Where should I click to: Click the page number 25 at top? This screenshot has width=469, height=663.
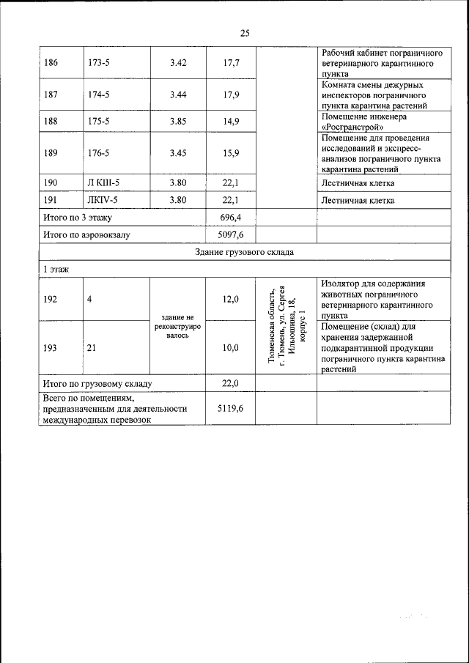tap(245, 33)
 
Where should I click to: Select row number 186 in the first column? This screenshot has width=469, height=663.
tap(51, 63)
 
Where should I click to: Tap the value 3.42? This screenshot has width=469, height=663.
tap(178, 63)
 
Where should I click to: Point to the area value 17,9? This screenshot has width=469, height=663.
tap(232, 95)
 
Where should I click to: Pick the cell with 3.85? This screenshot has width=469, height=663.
tap(178, 122)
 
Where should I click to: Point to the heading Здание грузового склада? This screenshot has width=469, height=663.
tap(245, 253)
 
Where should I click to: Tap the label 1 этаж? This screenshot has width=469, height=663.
tap(56, 270)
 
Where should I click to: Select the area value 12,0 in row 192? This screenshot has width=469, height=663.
tap(232, 299)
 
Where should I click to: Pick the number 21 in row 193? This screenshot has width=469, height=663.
tap(92, 348)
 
